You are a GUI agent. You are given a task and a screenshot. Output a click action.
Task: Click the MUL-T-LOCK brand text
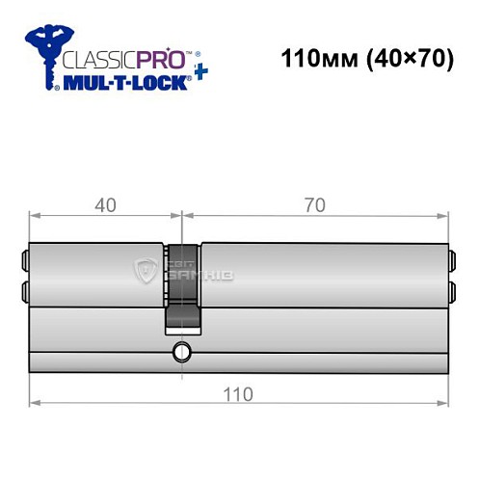tap(115, 83)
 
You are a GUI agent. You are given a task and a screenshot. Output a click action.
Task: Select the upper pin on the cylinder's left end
tap(25, 257)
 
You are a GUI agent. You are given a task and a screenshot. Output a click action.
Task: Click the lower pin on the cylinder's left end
tap(25, 289)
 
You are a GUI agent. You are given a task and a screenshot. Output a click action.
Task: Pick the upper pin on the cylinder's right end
tap(451, 257)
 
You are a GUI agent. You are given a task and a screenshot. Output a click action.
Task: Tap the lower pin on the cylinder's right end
tap(451, 289)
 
